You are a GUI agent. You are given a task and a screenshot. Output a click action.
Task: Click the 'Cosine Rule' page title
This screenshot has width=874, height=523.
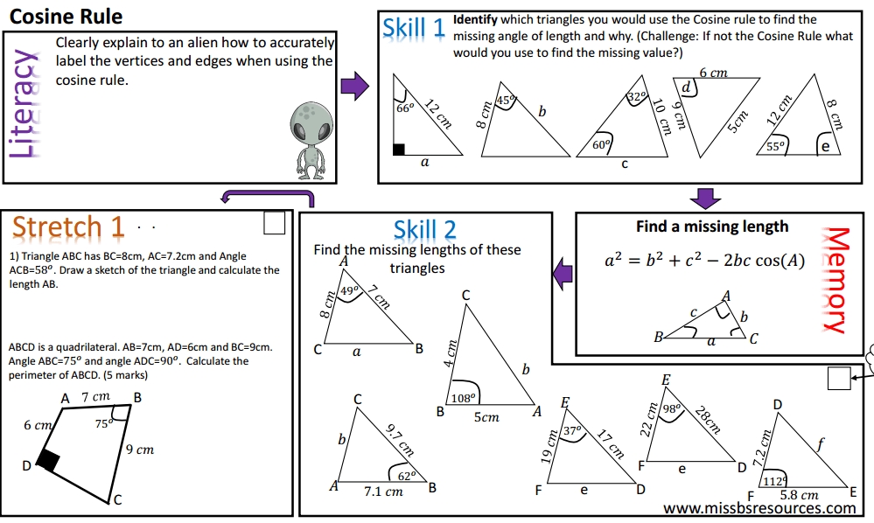[66, 16]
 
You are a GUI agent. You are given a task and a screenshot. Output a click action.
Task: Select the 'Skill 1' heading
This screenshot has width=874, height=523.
[413, 30]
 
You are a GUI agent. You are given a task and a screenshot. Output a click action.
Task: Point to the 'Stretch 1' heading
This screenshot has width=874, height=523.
[68, 227]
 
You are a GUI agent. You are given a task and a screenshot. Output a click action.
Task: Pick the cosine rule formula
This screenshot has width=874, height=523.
[705, 261]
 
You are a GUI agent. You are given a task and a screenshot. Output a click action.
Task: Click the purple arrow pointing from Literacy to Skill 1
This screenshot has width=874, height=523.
[353, 87]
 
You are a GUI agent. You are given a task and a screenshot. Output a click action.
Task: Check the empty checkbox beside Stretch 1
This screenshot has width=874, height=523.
[275, 224]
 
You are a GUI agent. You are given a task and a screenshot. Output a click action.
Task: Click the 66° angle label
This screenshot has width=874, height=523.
[405, 109]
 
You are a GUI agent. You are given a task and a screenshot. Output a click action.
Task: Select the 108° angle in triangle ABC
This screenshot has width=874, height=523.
[461, 398]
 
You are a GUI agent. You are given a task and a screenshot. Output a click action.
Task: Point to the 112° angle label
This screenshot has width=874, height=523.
[773, 482]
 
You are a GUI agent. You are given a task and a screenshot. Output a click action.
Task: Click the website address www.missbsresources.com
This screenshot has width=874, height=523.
[759, 508]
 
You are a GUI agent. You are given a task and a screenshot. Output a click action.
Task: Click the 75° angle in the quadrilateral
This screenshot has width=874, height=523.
[104, 423]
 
